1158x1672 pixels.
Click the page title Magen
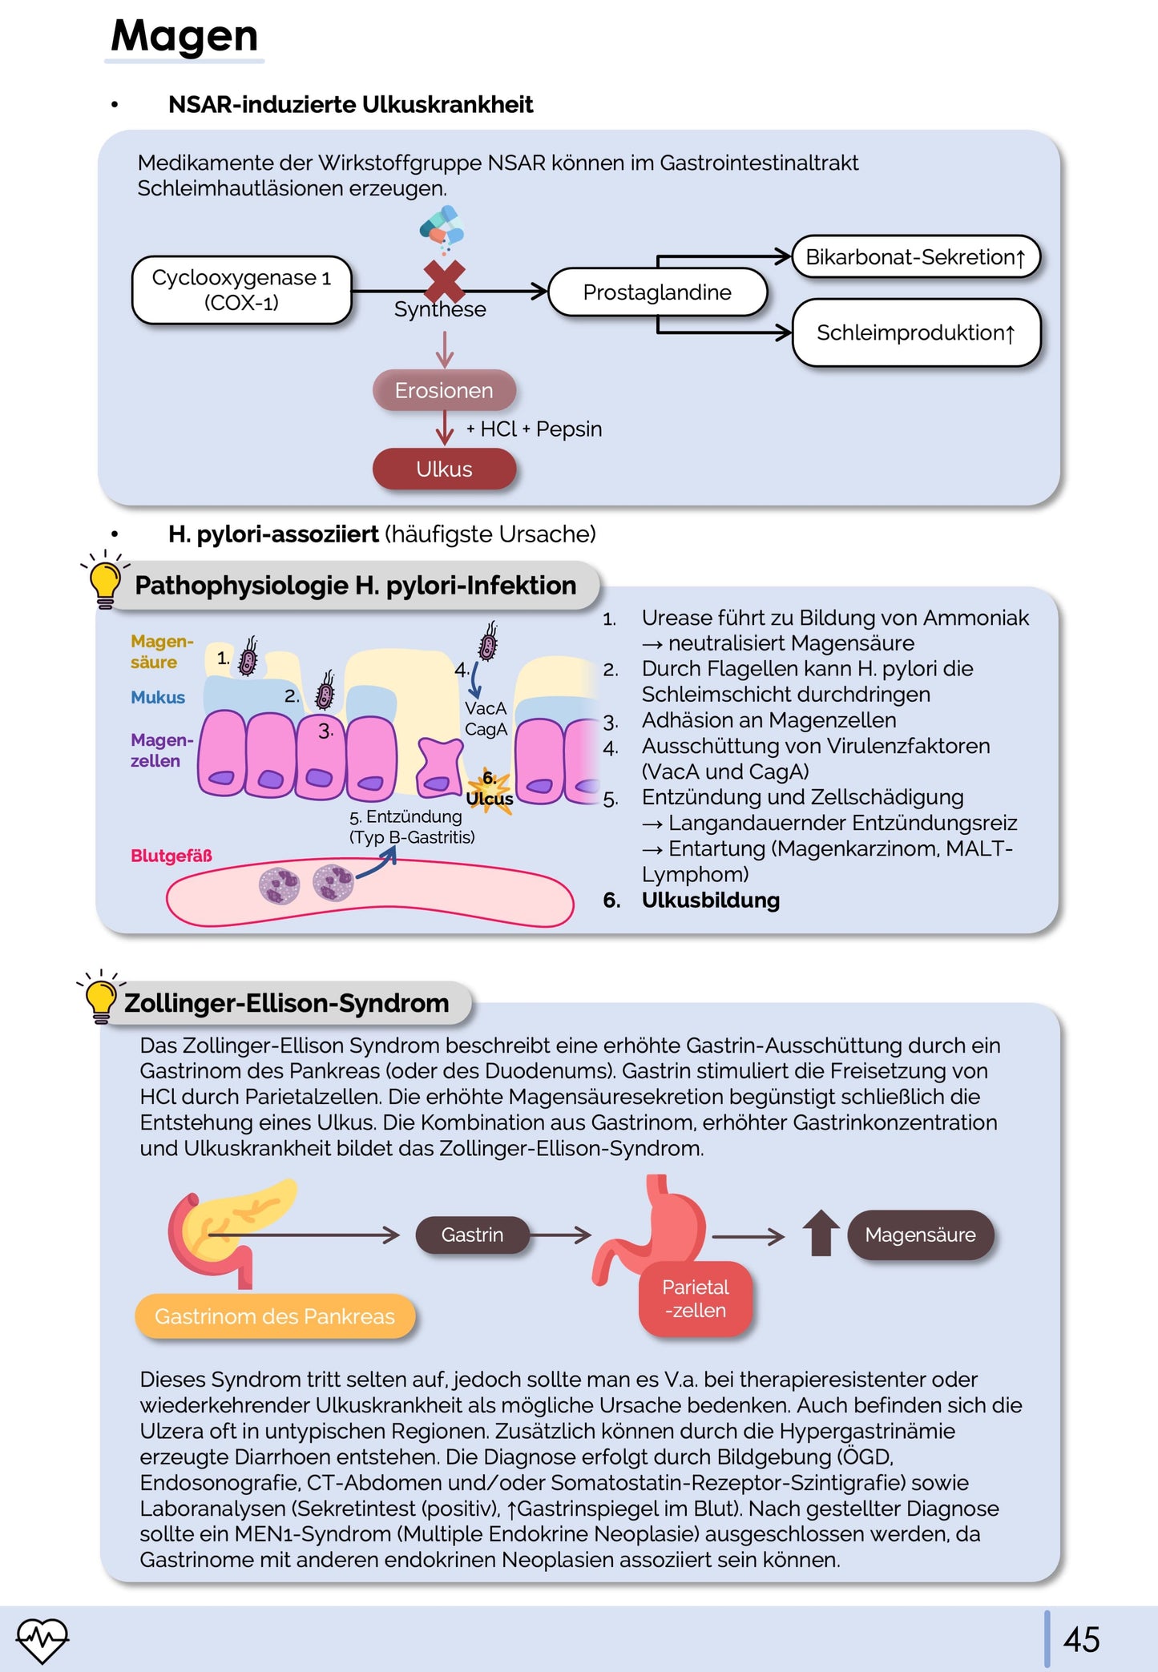coord(184,36)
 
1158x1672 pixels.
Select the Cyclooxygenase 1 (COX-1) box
coord(241,290)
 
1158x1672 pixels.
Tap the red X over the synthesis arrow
coord(444,280)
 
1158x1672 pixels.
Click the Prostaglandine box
coord(657,292)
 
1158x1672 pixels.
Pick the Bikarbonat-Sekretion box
coord(915,257)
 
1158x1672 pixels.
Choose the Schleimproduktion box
coord(915,332)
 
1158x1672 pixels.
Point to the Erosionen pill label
coord(444,390)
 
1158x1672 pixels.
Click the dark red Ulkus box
coord(444,469)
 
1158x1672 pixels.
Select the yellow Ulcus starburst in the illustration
coord(490,793)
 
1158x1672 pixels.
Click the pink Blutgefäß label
coord(171,856)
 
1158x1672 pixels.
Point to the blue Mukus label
coord(158,698)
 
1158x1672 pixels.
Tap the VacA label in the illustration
coord(486,708)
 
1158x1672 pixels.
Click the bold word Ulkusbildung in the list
coord(710,900)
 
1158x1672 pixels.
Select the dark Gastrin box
coord(472,1235)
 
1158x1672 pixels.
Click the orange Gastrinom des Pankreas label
coord(275,1316)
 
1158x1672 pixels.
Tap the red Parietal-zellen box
coord(696,1299)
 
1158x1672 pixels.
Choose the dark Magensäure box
coord(920,1235)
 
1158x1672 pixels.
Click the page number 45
coord(1081,1639)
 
